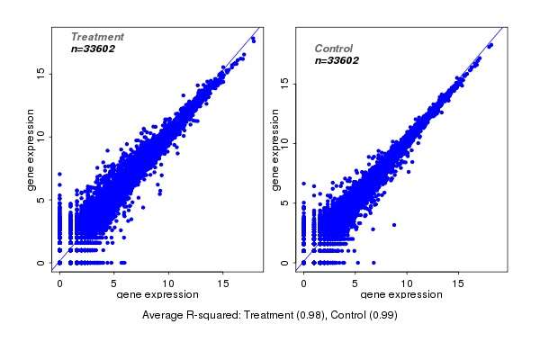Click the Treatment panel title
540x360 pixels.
click(97, 37)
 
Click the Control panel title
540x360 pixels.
click(333, 49)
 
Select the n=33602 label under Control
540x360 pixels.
click(337, 61)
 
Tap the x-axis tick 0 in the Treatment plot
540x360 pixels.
click(59, 283)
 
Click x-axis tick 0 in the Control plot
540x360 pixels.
click(303, 283)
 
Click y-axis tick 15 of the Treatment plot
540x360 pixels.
click(40, 73)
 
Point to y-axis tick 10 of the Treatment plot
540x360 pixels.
click(40, 137)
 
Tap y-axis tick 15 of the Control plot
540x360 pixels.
click(284, 82)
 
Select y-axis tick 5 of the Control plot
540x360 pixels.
click(284, 202)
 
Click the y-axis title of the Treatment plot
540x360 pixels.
click(31, 149)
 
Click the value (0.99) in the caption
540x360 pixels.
click(381, 315)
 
